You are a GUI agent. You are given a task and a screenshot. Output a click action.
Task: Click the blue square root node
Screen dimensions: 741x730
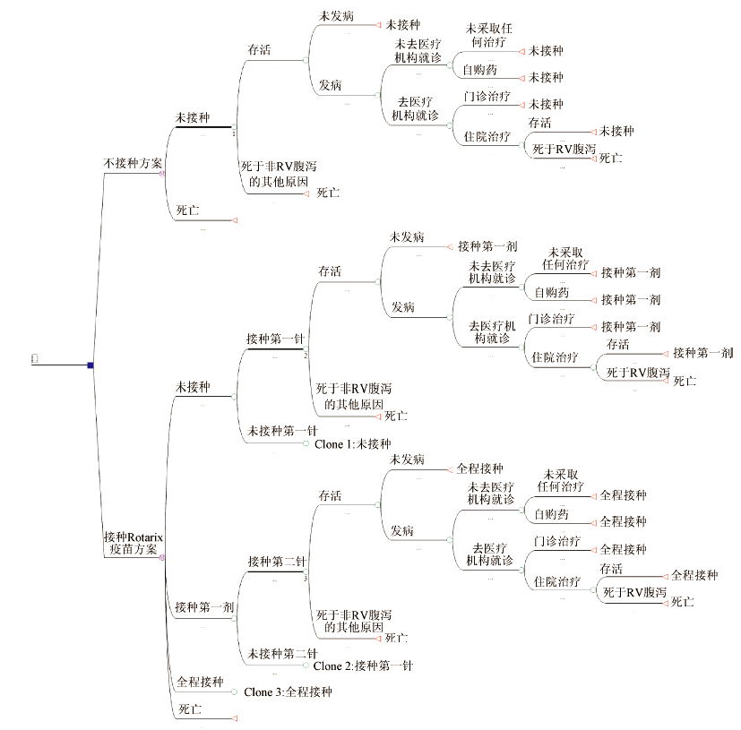(90, 365)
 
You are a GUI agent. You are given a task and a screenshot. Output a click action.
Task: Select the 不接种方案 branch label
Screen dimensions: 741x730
(133, 164)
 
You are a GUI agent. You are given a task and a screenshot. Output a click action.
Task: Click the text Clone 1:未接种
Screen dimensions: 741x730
(353, 443)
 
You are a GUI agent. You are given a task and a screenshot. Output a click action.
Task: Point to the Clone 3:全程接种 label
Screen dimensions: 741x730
(288, 691)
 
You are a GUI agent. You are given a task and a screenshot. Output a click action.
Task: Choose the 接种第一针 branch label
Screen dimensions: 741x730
(275, 339)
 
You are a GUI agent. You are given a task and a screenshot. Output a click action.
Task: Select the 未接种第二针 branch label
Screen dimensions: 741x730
(283, 653)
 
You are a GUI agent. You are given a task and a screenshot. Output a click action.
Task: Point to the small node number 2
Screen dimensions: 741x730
(306, 356)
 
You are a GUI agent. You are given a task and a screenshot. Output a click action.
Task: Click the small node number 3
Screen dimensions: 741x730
(306, 578)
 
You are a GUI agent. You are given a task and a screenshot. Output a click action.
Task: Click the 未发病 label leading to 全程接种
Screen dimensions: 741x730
(407, 459)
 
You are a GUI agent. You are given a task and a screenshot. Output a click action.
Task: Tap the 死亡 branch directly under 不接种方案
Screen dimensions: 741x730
(187, 210)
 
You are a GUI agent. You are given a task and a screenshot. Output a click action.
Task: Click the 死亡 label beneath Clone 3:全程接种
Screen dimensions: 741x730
(189, 709)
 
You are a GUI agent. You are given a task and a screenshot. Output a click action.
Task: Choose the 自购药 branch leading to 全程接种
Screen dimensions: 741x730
(551, 514)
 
